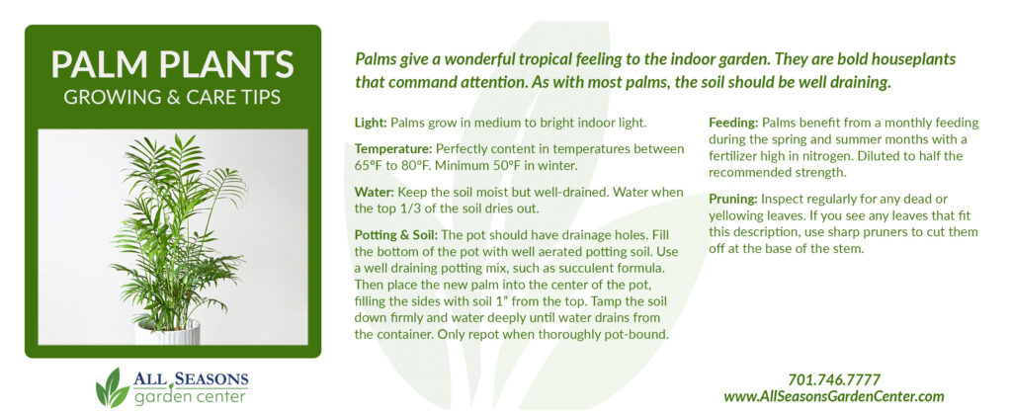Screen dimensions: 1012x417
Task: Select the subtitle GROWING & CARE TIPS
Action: pos(172,98)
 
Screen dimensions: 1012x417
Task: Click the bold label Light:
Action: pos(372,123)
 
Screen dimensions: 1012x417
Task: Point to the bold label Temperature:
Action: pos(393,149)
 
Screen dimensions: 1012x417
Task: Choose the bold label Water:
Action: pos(374,192)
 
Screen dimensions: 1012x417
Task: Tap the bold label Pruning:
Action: pos(733,200)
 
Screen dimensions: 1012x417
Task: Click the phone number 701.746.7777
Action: pos(834,380)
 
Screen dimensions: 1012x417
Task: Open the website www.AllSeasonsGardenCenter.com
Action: pos(834,396)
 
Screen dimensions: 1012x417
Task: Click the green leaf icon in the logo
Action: pos(113,388)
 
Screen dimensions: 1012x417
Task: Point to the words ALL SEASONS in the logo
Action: pos(191,378)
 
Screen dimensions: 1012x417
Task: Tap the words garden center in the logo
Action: pos(191,395)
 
